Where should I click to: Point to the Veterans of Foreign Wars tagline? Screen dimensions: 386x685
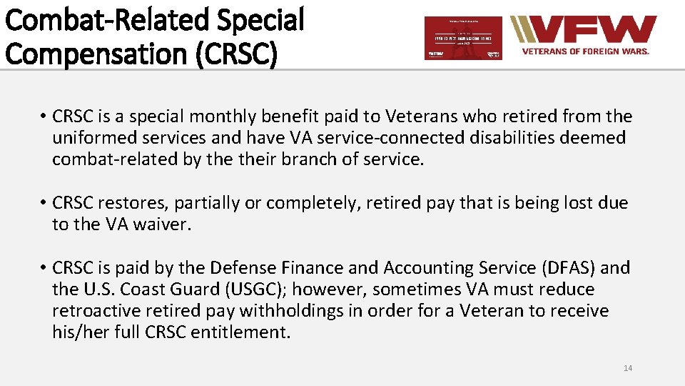pos(586,52)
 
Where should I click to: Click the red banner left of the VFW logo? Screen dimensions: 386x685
pos(463,38)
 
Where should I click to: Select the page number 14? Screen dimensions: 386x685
pos(627,368)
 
